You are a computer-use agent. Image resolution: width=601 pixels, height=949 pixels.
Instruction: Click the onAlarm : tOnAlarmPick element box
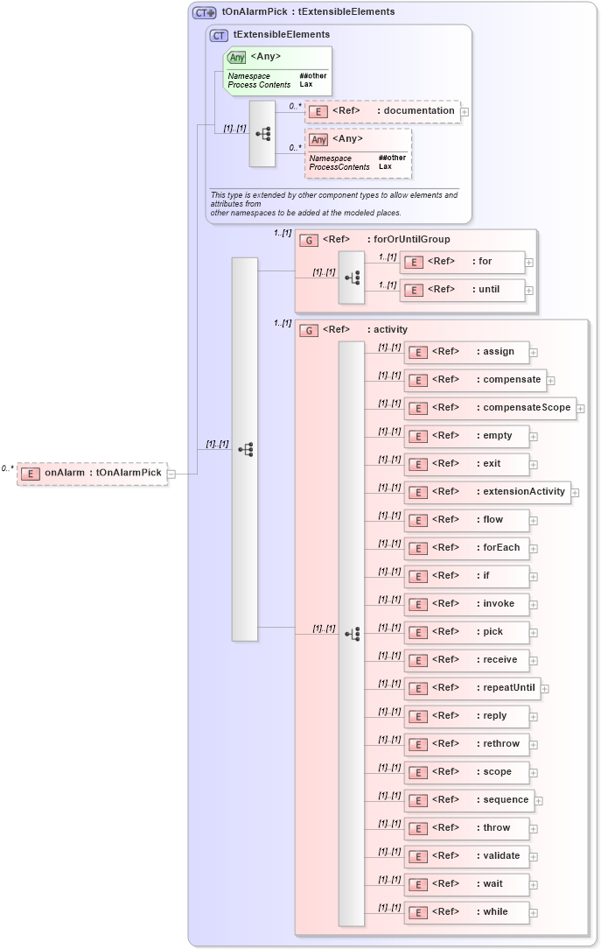(x=92, y=473)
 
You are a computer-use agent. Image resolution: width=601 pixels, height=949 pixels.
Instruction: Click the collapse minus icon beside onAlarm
(x=171, y=474)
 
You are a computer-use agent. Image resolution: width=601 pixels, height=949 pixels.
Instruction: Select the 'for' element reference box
(x=463, y=261)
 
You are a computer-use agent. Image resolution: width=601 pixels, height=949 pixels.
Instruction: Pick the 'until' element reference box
(x=463, y=289)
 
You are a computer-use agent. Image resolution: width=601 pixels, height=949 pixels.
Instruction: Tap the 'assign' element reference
(x=466, y=352)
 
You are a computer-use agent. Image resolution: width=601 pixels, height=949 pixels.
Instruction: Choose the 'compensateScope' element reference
(x=490, y=408)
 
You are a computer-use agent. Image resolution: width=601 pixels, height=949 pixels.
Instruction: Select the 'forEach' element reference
(x=466, y=548)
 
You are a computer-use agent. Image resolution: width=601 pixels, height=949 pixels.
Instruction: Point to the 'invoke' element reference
(x=466, y=604)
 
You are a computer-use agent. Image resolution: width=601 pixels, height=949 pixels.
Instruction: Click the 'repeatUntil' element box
(x=472, y=688)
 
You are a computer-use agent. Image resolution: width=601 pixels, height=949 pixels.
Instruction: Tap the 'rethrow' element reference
(x=466, y=744)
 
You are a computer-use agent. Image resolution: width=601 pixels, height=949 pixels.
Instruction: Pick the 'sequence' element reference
(x=469, y=800)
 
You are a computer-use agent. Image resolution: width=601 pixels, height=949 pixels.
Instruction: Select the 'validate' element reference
(x=466, y=856)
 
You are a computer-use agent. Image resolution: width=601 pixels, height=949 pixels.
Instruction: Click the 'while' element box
(x=466, y=912)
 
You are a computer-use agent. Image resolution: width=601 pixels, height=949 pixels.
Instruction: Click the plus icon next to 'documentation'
(x=465, y=111)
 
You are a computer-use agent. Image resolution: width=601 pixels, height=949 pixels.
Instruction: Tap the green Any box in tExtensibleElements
(x=277, y=70)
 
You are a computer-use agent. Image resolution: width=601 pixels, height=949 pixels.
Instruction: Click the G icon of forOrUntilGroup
(x=308, y=240)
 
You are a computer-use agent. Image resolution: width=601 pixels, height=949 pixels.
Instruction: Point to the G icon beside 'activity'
(x=308, y=330)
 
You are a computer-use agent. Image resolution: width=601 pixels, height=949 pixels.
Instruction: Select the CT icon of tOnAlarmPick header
(x=204, y=12)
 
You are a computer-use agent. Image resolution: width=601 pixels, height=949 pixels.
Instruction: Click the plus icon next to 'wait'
(x=534, y=885)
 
